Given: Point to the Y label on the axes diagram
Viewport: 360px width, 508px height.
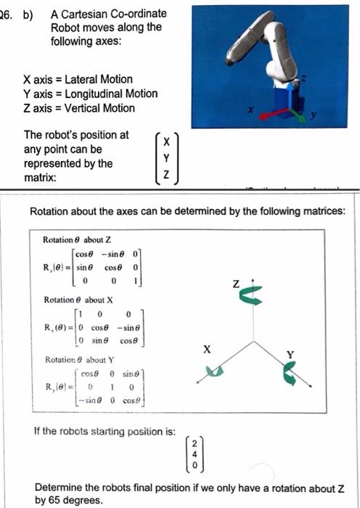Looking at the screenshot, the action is [x=291, y=354].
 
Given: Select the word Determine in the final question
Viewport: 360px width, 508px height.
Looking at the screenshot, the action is [x=59, y=487].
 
